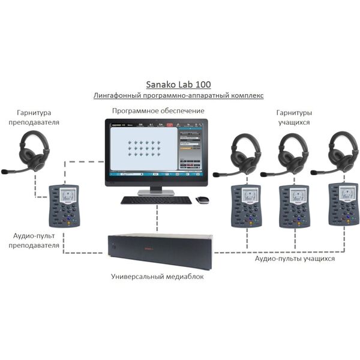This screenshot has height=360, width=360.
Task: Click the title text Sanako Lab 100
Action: point(179,85)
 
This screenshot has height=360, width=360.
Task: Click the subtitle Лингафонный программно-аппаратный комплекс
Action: point(179,96)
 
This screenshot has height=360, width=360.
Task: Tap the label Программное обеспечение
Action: point(158,111)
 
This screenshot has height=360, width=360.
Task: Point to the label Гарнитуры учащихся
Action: point(293,117)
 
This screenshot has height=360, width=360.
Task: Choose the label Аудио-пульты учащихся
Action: point(295,259)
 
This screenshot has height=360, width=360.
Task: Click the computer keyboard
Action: point(157,200)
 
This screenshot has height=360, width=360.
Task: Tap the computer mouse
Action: point(203,200)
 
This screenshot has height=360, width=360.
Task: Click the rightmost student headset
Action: point(339,153)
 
